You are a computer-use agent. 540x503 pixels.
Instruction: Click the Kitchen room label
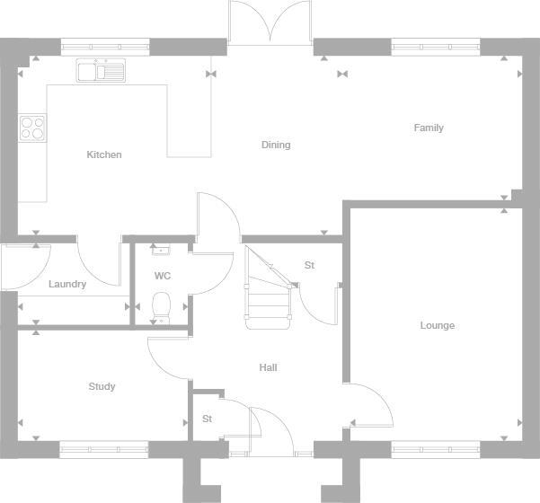point(103,154)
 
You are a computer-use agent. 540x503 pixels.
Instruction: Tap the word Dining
point(276,145)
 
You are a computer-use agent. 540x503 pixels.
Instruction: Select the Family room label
point(429,128)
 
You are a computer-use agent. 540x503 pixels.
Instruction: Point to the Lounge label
point(438,325)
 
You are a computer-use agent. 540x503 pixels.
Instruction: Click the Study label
point(102,387)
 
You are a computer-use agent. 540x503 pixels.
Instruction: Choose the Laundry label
point(67,285)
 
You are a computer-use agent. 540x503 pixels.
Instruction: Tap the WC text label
point(163,276)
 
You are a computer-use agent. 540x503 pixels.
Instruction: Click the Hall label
point(268,367)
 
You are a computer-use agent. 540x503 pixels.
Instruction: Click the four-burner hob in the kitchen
point(32,128)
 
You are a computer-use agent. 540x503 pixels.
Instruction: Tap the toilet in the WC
point(162,304)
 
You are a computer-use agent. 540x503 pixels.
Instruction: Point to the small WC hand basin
point(161,250)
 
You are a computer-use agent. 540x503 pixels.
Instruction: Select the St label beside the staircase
point(309,266)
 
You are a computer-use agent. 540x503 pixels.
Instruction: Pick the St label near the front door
point(207,419)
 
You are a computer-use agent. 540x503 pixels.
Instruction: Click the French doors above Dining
point(270,22)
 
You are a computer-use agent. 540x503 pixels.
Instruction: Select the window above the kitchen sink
point(104,42)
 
